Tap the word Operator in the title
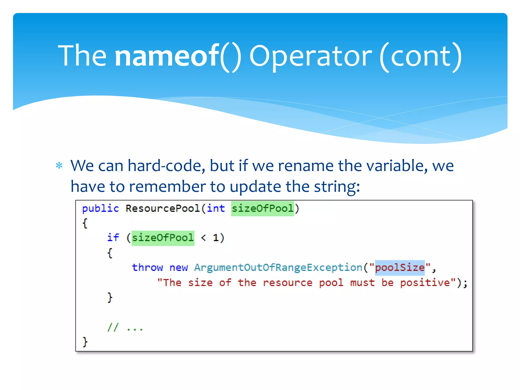pyautogui.click(x=311, y=56)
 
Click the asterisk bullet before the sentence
pyautogui.click(x=59, y=166)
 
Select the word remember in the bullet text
pyautogui.click(x=168, y=187)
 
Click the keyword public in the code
pyautogui.click(x=100, y=208)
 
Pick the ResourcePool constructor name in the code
pyautogui.click(x=163, y=208)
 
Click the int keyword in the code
pyautogui.click(x=216, y=208)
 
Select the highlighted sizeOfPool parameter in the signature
pyautogui.click(x=263, y=208)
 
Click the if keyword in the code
pyautogui.click(x=113, y=238)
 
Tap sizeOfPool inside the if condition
pyautogui.click(x=163, y=238)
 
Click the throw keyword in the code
pyautogui.click(x=147, y=268)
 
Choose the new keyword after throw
pyautogui.click(x=178, y=268)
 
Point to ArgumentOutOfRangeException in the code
pyautogui.click(x=278, y=268)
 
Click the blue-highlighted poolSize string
pyautogui.click(x=400, y=268)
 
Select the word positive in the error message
pyautogui.click(x=425, y=283)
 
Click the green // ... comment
pyautogui.click(x=125, y=328)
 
